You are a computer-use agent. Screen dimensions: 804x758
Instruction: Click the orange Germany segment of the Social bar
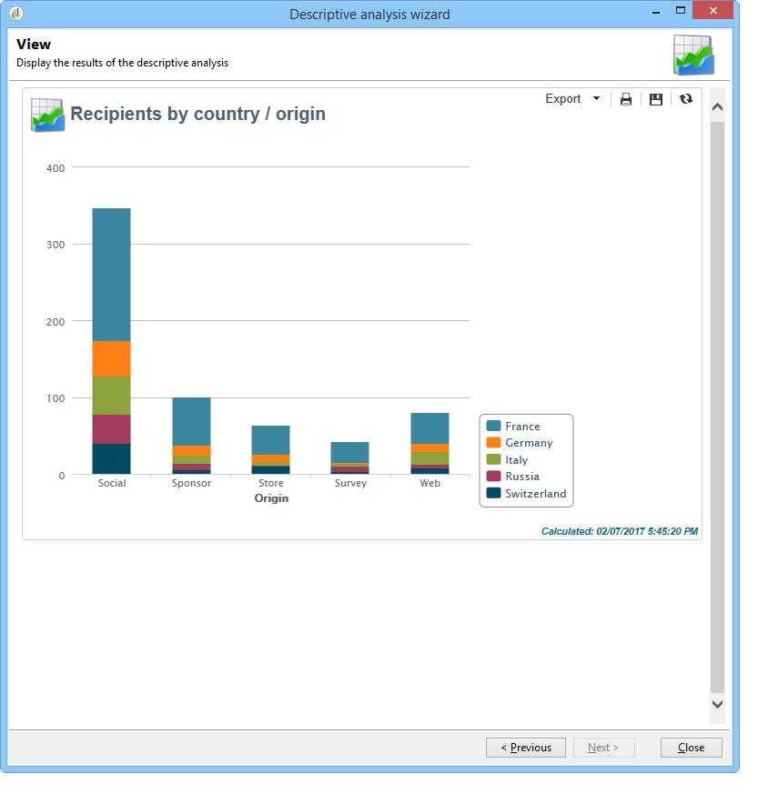pos(111,358)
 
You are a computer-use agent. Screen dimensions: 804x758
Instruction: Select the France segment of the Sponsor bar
pos(191,421)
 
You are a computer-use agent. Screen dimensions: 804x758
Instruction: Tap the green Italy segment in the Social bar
pos(111,396)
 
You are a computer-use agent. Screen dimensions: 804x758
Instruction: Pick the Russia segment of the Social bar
pos(111,429)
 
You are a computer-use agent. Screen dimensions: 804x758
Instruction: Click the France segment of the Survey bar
pos(350,452)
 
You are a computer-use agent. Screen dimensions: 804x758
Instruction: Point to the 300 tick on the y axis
pos(56,245)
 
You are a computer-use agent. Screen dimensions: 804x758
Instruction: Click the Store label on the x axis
pos(270,483)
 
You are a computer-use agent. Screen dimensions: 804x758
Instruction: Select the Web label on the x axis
pos(430,483)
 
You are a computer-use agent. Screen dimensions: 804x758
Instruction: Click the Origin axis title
pos(271,498)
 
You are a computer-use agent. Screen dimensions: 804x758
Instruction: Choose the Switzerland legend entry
pos(535,494)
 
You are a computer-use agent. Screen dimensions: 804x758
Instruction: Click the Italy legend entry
pos(516,460)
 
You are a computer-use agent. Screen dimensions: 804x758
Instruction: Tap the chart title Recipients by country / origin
pos(197,114)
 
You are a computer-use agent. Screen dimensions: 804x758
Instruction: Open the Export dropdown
pos(572,99)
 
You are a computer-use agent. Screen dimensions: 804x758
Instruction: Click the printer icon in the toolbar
pos(626,99)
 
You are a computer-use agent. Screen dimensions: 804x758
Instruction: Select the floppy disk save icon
pos(656,99)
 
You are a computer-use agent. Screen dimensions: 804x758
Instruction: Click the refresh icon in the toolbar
pos(686,99)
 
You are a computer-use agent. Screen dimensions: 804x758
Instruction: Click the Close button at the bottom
pos(691,748)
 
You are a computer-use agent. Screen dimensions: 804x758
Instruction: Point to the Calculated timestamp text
pos(620,531)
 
